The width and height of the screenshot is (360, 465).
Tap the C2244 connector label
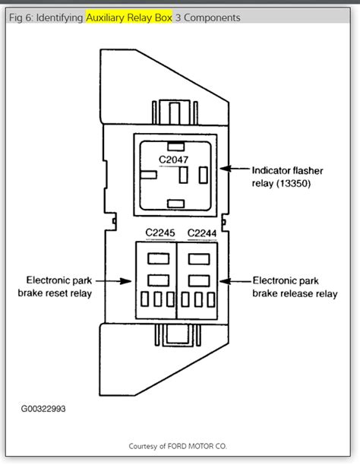(201, 233)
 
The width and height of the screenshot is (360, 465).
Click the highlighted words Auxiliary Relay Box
(128, 17)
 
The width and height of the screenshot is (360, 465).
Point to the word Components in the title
(213, 17)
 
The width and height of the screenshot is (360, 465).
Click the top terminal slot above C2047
(175, 144)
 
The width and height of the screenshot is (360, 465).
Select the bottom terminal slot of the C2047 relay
(175, 202)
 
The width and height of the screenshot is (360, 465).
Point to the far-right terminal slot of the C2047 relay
(202, 175)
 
